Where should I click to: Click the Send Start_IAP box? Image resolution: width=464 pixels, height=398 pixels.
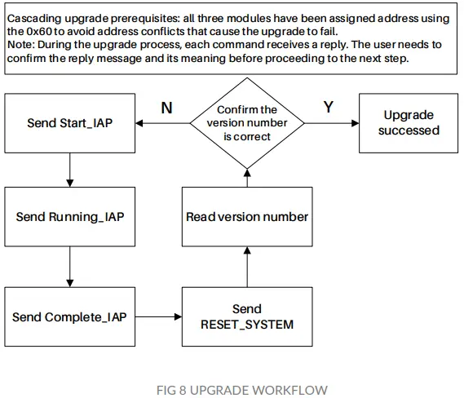[69, 123]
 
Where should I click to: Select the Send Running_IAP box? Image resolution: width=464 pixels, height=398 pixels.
[69, 217]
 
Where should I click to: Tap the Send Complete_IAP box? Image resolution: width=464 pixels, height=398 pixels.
[69, 316]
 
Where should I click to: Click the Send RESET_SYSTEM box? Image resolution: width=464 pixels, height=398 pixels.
[246, 316]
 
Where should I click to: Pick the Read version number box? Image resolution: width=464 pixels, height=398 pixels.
[246, 217]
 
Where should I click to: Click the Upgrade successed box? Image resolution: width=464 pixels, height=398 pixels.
[409, 123]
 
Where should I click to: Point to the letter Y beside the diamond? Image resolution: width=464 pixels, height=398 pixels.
[329, 108]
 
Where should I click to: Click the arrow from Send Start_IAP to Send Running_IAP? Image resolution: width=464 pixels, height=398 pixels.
[69, 169]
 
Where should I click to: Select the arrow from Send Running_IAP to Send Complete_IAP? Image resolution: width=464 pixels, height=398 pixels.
[69, 267]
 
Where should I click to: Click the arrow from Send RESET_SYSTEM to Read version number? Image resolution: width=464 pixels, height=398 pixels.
[246, 267]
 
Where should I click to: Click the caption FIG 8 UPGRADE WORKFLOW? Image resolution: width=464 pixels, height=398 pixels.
[232, 389]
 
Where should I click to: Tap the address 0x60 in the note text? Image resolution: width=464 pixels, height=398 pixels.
[25, 29]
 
